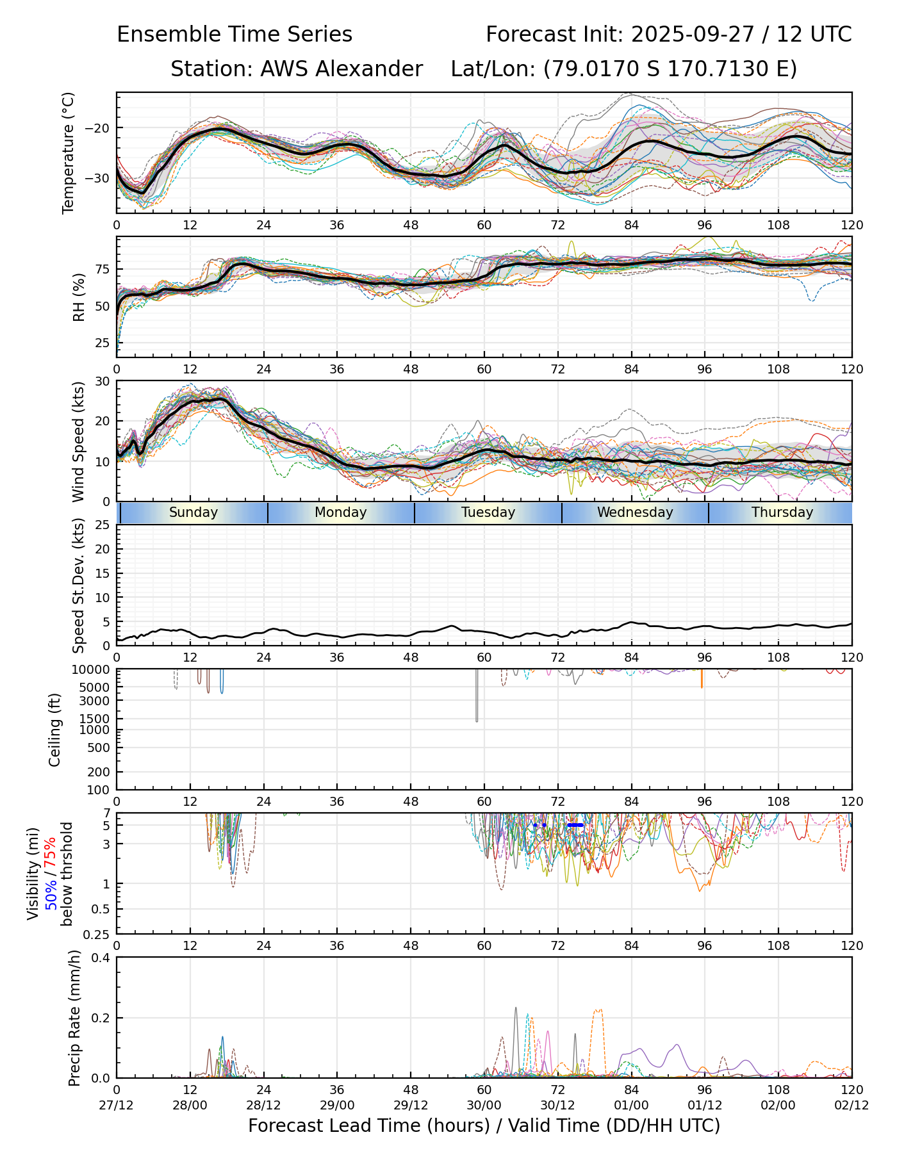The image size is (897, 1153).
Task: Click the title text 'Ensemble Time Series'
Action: pyautogui.click(x=235, y=35)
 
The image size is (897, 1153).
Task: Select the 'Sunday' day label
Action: pyautogui.click(x=193, y=512)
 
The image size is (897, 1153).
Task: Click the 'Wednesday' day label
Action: pyautogui.click(x=635, y=512)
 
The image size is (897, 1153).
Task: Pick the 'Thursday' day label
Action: pyautogui.click(x=782, y=512)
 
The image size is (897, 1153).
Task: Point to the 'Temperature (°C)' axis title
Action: pyautogui.click(x=69, y=152)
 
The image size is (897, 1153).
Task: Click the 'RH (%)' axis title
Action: pyautogui.click(x=79, y=297)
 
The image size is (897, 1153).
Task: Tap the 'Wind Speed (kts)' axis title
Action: pyautogui.click(x=78, y=441)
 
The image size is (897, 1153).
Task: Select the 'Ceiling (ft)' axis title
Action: pyautogui.click(x=55, y=730)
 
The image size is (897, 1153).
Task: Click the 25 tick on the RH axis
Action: pyautogui.click(x=102, y=343)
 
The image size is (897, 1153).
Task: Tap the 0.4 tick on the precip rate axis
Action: pyautogui.click(x=101, y=958)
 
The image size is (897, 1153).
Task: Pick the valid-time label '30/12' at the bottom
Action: pyautogui.click(x=557, y=1106)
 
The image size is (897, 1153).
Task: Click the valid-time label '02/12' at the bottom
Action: pyautogui.click(x=852, y=1106)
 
